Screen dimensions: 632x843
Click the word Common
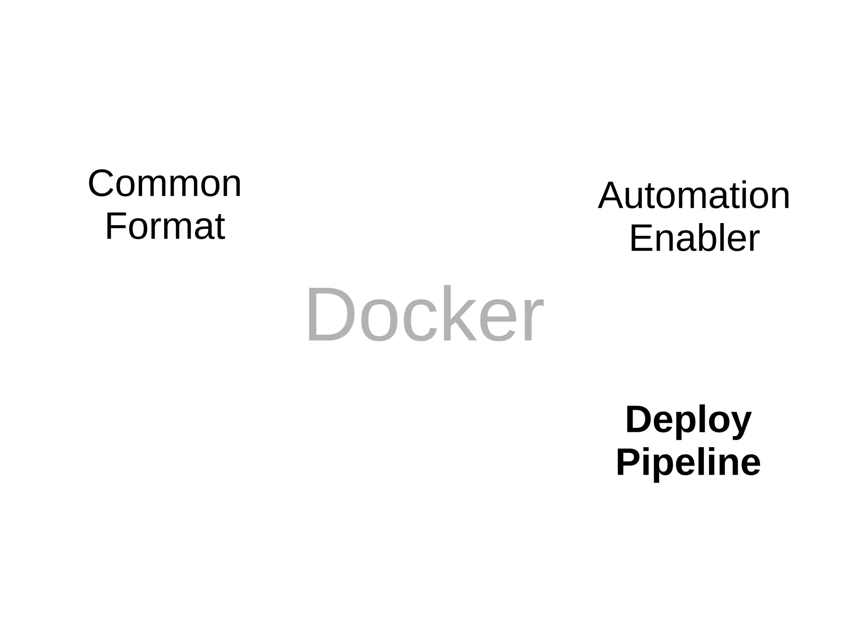[165, 184]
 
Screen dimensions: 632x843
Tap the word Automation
[694, 196]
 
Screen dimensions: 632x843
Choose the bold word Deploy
[688, 420]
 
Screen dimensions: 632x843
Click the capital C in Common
[101, 184]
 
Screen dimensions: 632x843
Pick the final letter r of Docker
[534, 321]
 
